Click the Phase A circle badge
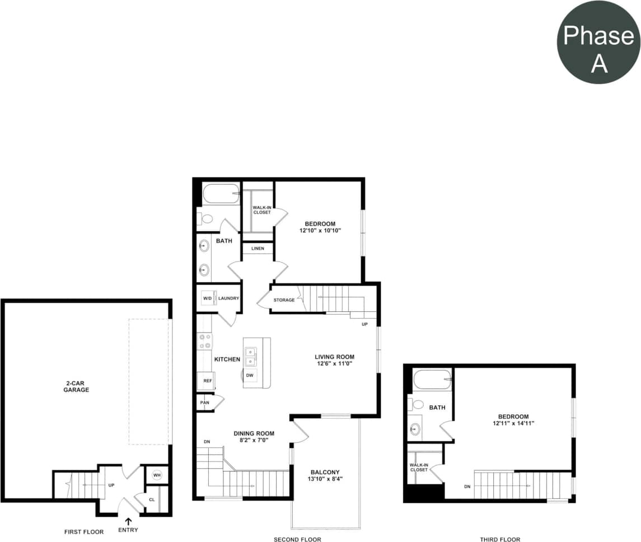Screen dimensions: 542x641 coord(598,43)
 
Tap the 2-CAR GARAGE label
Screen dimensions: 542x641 coord(76,386)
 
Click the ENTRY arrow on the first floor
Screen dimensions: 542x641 coord(129,522)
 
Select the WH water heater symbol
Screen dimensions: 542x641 coord(157,475)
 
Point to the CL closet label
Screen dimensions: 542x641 coord(152,500)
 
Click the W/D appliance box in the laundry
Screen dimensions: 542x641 coord(208,298)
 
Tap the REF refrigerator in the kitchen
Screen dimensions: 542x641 coord(207,381)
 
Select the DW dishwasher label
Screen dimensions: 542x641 coord(250,375)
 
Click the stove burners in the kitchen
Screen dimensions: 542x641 coord(205,341)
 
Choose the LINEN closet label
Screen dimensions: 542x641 coord(257,248)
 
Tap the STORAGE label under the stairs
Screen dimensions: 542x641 coord(284,300)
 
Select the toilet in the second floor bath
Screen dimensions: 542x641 coord(205,219)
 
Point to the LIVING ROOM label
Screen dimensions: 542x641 coord(334,357)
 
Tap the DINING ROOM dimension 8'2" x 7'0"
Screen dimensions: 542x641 coord(254,441)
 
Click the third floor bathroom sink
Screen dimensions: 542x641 coord(415,429)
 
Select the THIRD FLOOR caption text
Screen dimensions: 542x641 coord(500,539)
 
